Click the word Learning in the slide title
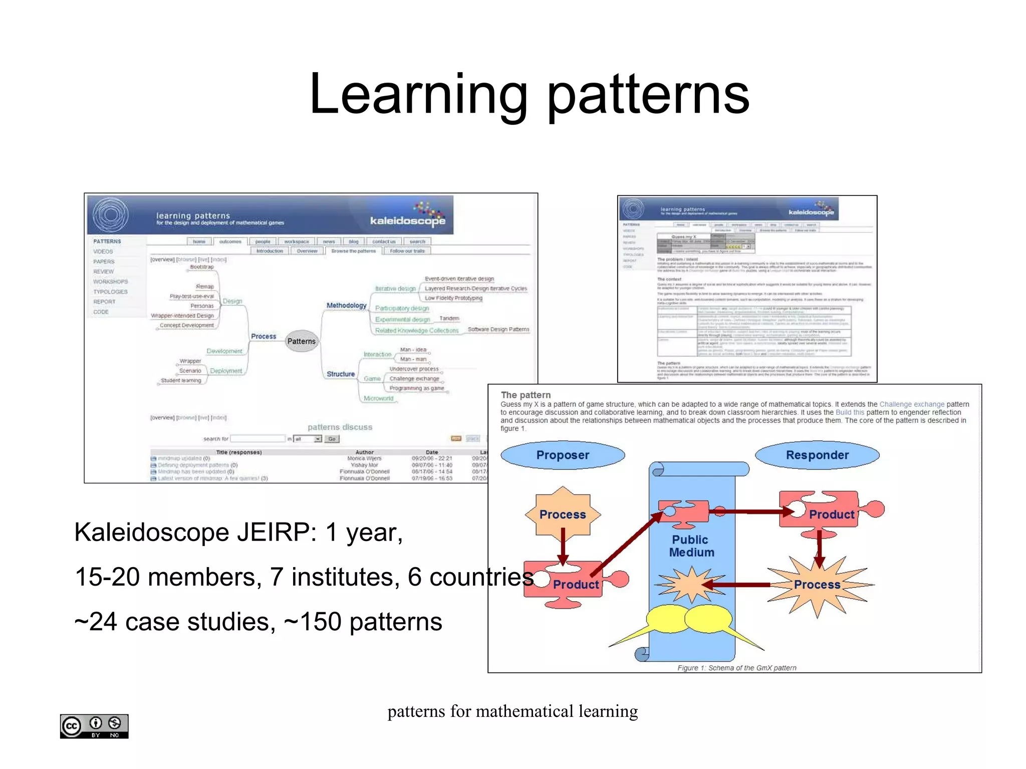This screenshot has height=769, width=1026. [x=418, y=94]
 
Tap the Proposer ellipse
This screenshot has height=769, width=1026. [x=562, y=455]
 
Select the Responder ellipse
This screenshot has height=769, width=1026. [x=817, y=455]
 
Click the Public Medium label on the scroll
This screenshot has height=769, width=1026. [x=691, y=546]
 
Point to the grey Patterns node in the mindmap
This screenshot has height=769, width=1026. [x=301, y=341]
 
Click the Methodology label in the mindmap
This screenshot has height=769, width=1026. [x=346, y=305]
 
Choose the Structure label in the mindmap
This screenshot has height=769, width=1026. [x=341, y=374]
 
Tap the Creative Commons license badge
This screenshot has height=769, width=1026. [x=94, y=726]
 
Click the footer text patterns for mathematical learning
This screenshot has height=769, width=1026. [x=512, y=711]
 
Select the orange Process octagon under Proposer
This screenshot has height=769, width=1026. [x=563, y=514]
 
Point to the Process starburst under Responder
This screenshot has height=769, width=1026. [x=817, y=585]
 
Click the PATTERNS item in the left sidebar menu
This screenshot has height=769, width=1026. [x=107, y=241]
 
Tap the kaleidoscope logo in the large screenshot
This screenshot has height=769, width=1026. [x=408, y=219]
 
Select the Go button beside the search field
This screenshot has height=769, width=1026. [x=332, y=439]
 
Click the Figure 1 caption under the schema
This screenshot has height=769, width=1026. [x=736, y=667]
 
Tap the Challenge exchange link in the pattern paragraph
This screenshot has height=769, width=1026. [x=911, y=404]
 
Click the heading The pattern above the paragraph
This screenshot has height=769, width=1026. [x=526, y=395]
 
